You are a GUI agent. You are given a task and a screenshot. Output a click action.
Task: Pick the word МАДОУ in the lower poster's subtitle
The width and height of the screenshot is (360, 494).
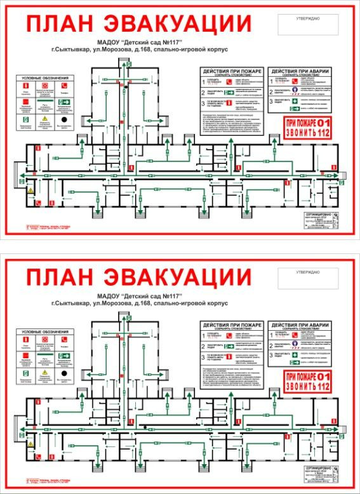(x=112, y=297)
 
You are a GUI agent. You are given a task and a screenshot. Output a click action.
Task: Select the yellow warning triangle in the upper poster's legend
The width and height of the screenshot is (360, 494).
(x=44, y=119)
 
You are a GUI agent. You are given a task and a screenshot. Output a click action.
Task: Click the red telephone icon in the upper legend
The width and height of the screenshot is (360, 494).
(x=65, y=85)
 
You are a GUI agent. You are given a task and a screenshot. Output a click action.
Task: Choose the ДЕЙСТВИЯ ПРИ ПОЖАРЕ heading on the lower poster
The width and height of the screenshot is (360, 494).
(x=231, y=325)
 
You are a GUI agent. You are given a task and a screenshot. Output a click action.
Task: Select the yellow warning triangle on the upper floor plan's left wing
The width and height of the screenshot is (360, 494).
(x=29, y=190)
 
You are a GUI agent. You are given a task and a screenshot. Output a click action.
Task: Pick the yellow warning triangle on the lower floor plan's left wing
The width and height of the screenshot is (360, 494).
(x=29, y=442)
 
